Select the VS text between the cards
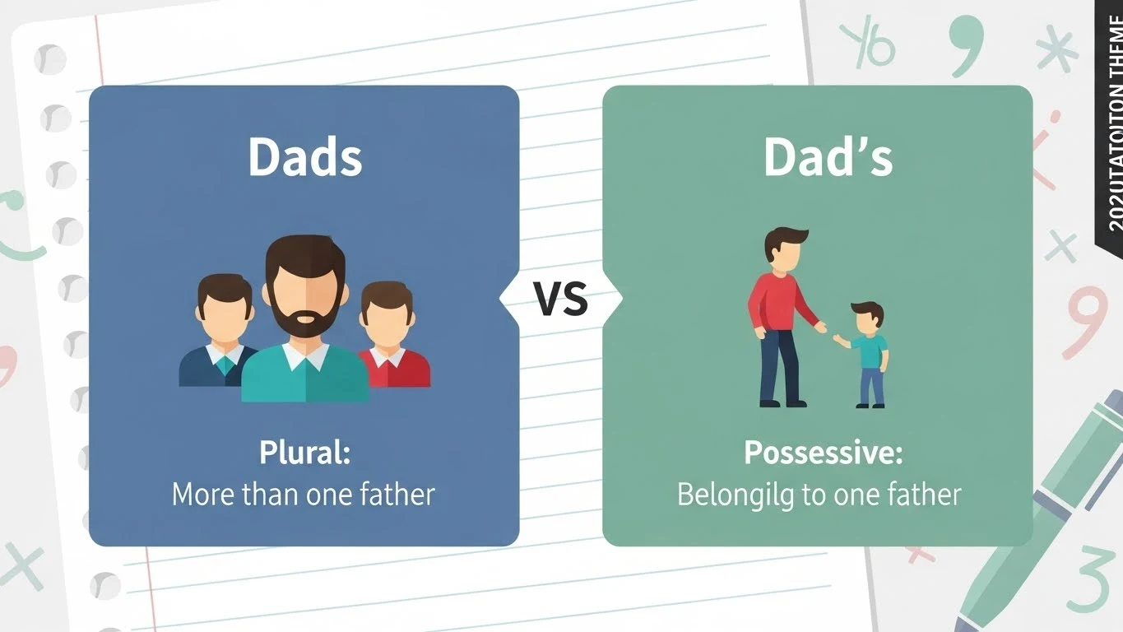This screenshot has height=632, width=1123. pyautogui.click(x=561, y=299)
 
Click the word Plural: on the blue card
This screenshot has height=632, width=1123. pyautogui.click(x=304, y=453)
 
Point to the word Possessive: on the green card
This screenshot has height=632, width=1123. pyautogui.click(x=824, y=453)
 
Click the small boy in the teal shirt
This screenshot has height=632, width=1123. pyautogui.click(x=869, y=354)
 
